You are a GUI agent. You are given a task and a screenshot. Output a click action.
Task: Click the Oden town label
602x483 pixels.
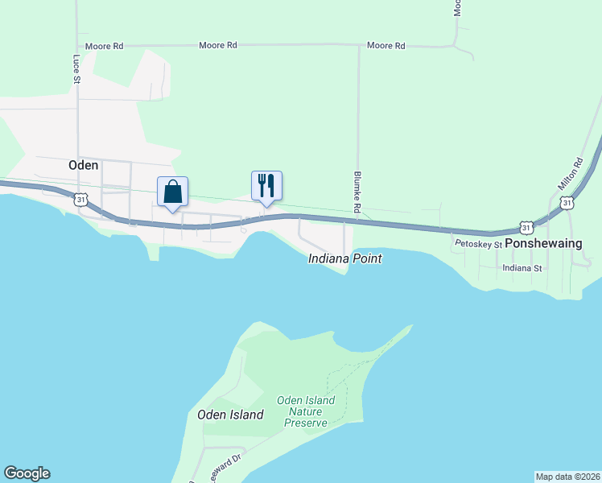pos(84,165)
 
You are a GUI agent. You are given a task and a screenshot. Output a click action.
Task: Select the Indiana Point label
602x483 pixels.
pos(344,259)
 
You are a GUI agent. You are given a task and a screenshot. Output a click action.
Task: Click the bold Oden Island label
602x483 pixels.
pos(230,415)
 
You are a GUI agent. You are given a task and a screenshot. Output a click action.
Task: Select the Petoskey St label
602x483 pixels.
pos(478,243)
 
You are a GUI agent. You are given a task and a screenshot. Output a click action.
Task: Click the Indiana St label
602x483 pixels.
pos(522,267)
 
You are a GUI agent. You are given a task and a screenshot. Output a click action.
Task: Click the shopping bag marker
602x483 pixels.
pos(172,192)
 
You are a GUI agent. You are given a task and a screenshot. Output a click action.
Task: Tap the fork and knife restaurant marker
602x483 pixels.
pos(266,187)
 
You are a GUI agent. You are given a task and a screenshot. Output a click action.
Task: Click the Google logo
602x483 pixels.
pos(27,473)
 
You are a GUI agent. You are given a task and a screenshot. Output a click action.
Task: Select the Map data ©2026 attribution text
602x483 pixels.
pos(567,477)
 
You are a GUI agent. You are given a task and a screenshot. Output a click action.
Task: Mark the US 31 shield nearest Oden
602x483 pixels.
pos(80,199)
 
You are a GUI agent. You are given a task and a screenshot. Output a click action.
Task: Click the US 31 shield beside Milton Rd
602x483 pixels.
pos(568,202)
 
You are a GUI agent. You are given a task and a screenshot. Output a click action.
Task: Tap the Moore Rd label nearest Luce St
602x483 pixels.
pos(106,47)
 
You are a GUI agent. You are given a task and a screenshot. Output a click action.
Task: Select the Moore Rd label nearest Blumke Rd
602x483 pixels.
pos(386,46)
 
